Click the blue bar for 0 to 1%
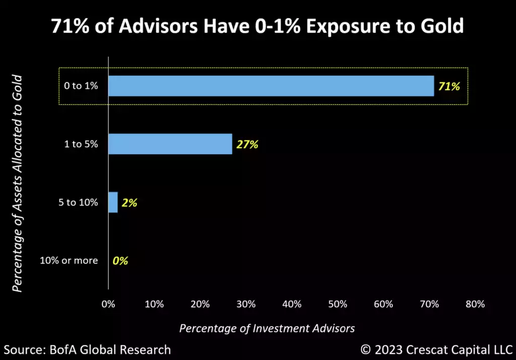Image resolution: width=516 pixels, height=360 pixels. tap(271, 86)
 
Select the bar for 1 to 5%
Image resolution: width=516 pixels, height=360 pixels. tap(170, 144)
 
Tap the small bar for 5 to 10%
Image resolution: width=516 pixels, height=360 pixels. tap(113, 203)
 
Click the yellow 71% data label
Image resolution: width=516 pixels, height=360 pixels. tap(448, 86)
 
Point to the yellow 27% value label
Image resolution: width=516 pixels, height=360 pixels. tap(247, 145)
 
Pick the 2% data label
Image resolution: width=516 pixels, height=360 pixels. tap(130, 203)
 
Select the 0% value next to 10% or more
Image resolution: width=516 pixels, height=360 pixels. tap(120, 261)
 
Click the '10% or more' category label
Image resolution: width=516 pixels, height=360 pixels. tap(69, 261)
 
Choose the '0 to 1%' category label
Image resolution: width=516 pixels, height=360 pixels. tap(81, 86)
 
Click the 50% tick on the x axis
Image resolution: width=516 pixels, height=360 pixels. tap(337, 304)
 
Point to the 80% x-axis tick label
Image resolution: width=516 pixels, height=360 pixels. tap(475, 304)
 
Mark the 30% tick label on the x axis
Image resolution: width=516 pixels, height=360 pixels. tap(245, 304)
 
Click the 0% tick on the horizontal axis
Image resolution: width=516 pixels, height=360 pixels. tap(108, 304)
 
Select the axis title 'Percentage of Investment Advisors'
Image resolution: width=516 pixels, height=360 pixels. tap(267, 328)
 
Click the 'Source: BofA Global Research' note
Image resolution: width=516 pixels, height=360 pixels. tap(87, 349)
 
